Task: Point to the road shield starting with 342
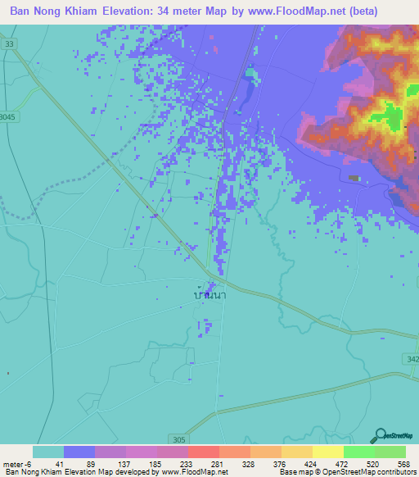(x=412, y=336)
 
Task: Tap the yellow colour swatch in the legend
(x=327, y=452)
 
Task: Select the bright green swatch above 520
(x=358, y=452)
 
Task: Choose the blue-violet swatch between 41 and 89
(x=79, y=452)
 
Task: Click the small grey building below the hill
(x=354, y=177)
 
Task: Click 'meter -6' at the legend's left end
(x=17, y=463)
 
